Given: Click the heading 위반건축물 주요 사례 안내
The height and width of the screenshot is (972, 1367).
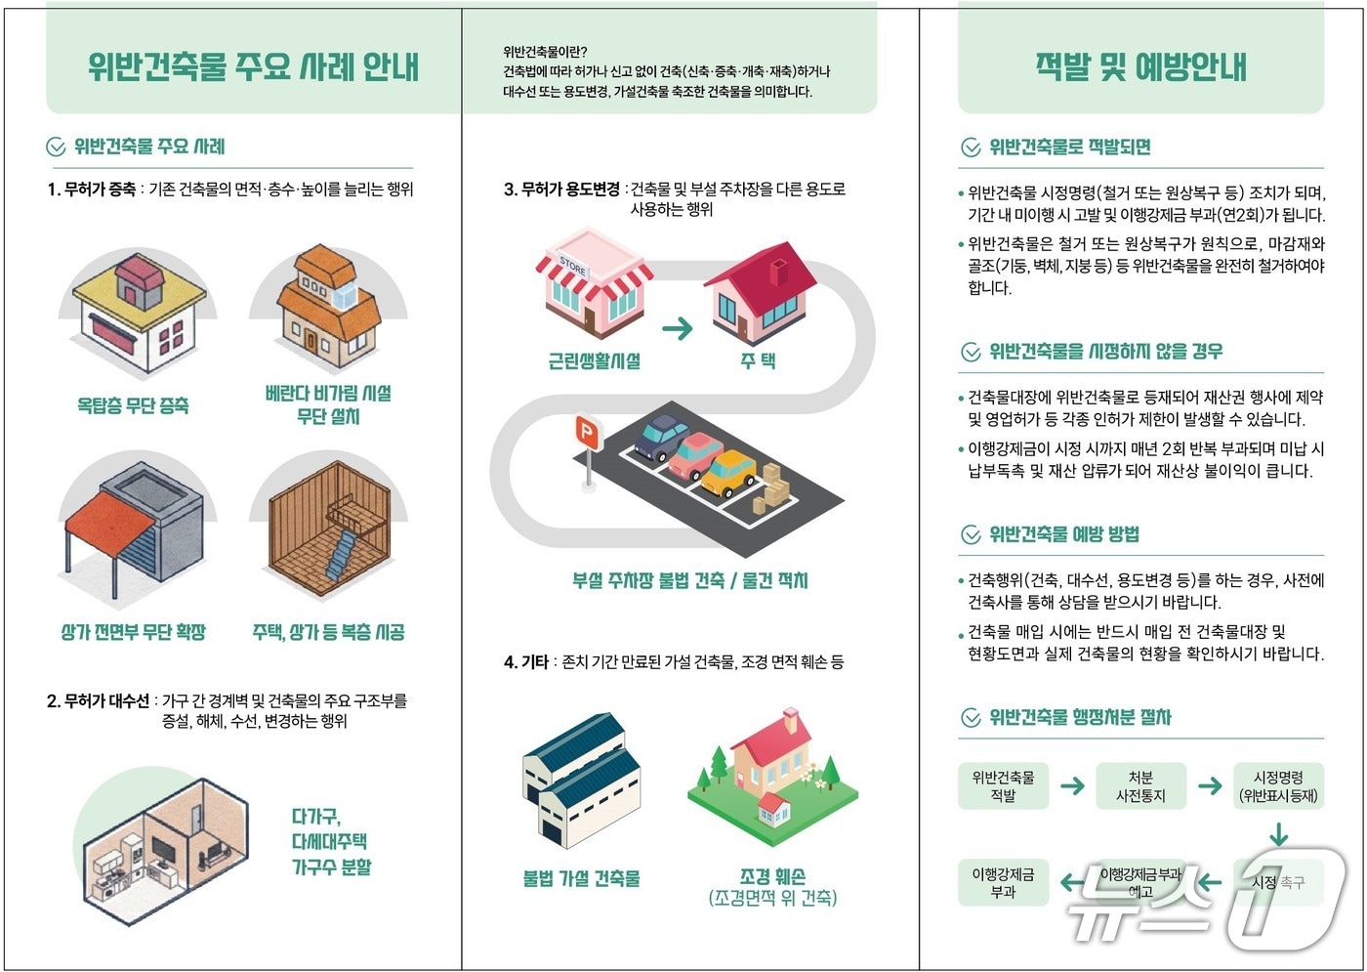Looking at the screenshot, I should click(253, 66).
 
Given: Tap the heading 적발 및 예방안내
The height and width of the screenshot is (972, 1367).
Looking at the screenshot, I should click(1140, 66).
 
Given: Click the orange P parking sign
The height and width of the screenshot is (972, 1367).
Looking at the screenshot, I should click(586, 432).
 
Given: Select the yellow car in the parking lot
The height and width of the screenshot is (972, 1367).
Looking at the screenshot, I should click(728, 472).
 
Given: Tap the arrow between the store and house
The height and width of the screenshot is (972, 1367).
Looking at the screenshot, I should click(677, 328).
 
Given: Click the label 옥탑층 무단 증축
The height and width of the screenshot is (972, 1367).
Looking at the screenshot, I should click(133, 404).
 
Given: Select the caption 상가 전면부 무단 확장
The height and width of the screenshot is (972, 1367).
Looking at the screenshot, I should click(134, 632).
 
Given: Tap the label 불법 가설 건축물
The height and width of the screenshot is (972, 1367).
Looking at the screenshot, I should click(582, 878).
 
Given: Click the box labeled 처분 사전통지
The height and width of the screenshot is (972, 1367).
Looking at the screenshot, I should click(1140, 786).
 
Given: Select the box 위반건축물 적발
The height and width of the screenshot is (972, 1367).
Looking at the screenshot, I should click(1003, 786).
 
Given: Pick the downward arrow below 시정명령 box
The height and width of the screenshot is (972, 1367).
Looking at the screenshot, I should click(1278, 834).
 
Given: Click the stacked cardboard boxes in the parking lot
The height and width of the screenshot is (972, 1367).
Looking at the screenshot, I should click(772, 490).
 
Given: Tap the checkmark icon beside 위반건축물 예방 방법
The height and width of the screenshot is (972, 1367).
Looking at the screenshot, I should click(971, 534).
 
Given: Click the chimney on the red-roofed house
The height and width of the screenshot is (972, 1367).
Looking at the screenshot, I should click(778, 270).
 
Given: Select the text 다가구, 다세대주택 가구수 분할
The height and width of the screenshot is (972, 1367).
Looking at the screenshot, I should click(331, 841).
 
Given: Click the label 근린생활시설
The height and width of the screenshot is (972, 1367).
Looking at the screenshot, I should click(594, 361).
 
